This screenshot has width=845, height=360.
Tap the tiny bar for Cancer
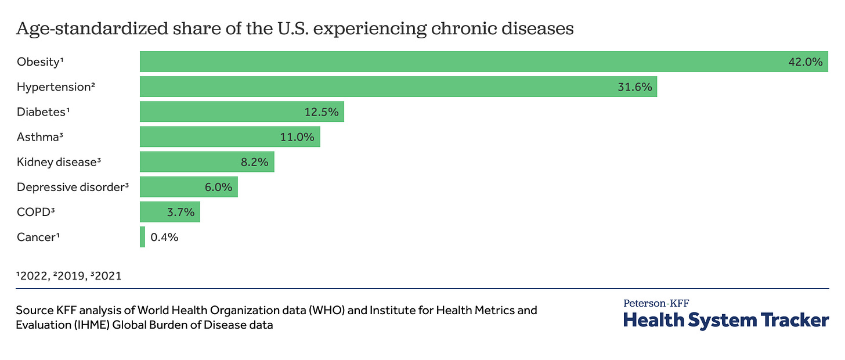[x=142, y=237]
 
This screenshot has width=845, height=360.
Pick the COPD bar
[x=169, y=212]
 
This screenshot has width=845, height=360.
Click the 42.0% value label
[x=806, y=62]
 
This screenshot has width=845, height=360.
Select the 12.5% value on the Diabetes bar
[x=322, y=112]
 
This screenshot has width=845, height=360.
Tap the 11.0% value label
[x=297, y=137]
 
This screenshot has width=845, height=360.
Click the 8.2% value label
[x=254, y=162]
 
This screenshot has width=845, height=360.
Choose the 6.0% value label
[x=218, y=187]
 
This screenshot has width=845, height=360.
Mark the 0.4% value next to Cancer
[x=164, y=237]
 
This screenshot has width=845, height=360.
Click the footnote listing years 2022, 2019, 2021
[x=69, y=275]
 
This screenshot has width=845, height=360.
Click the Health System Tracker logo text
[x=726, y=319]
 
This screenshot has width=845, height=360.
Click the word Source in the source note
[x=32, y=310]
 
